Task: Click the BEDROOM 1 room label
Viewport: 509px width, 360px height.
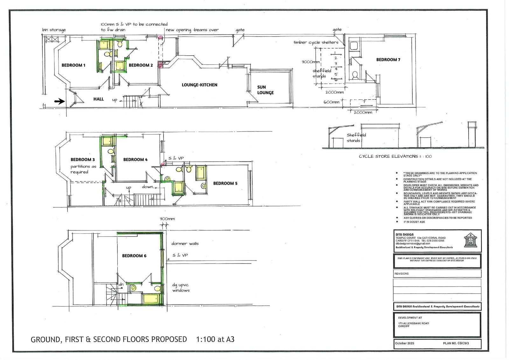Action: point(73,65)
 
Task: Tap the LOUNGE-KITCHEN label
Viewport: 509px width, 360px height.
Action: point(199,85)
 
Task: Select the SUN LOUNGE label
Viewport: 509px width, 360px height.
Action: point(265,90)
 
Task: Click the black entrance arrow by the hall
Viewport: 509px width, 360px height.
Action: point(59,102)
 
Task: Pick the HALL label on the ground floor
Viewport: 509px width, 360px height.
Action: point(99,99)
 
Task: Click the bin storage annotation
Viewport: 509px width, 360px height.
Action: point(54,30)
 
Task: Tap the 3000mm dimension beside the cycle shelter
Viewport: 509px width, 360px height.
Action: point(310,62)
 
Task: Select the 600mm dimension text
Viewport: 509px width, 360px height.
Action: point(331,102)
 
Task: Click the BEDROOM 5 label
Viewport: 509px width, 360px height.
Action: point(225,183)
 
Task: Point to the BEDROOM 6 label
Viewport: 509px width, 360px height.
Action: point(134,256)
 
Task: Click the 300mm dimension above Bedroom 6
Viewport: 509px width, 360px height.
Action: point(167,219)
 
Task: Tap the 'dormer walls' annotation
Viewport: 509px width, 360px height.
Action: point(185,244)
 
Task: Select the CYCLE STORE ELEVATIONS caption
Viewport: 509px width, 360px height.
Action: point(395,156)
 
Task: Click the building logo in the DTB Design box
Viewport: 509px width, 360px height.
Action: point(471,240)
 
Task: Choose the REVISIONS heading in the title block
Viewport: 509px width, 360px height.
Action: point(401,273)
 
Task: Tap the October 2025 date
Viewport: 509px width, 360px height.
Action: point(405,343)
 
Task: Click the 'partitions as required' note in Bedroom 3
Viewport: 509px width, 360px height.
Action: point(83,169)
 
